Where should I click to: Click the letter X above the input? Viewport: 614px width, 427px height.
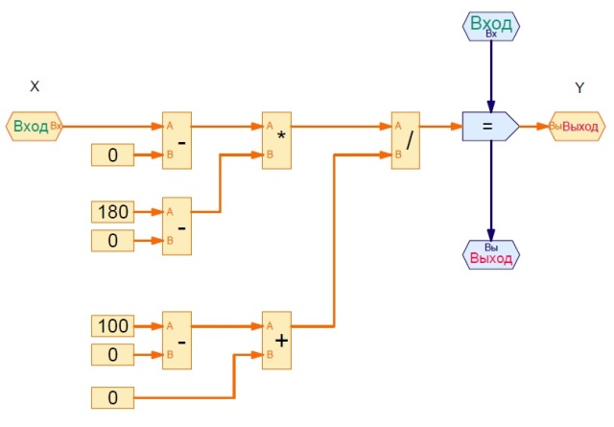coord(35,86)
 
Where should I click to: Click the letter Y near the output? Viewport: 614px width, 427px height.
coord(579,87)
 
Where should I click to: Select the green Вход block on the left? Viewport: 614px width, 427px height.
coord(35,126)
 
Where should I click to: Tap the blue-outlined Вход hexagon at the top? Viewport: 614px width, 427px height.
coord(491,25)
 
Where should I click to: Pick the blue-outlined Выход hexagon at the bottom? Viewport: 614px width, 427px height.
coord(491,254)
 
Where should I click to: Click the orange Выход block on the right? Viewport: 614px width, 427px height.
coord(578,126)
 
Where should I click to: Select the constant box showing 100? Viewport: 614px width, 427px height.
coord(113,326)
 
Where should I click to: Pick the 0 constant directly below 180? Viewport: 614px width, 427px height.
coord(113,240)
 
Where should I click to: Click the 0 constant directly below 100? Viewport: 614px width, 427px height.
coord(113,354)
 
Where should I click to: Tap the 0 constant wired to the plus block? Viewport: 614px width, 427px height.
coord(113,395)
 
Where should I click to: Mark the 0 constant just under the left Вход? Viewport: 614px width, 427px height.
coord(113,154)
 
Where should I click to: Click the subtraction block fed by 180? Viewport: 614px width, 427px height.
coord(177,225)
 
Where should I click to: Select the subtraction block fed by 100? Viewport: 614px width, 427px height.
coord(177,340)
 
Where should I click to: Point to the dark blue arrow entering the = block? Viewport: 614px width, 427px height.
coord(491,77)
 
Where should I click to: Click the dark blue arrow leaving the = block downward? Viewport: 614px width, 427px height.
coord(491,192)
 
